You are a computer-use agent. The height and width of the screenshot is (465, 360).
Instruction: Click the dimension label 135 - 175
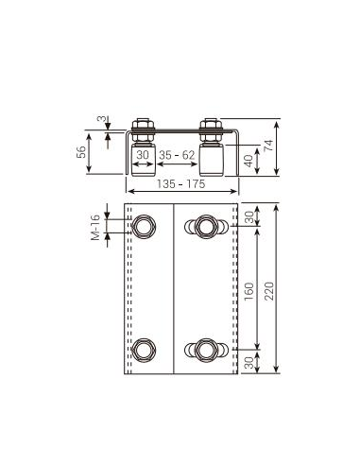tap(180, 183)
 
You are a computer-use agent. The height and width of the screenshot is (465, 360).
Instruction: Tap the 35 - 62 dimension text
tap(177, 155)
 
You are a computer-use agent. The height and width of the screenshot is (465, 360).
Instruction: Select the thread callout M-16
tap(95, 228)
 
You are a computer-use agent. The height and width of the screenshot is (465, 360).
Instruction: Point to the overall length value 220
tap(268, 291)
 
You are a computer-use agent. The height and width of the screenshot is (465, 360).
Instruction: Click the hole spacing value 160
tap(249, 291)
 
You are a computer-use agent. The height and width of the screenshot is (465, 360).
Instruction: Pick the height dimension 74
tap(268, 146)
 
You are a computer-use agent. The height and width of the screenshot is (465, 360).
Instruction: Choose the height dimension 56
tap(81, 152)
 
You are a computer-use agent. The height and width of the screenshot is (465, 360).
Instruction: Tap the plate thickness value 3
tap(100, 119)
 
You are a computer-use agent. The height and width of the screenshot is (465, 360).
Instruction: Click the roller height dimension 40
tap(249, 161)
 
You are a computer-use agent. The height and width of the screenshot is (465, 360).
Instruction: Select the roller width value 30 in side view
tap(143, 155)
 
